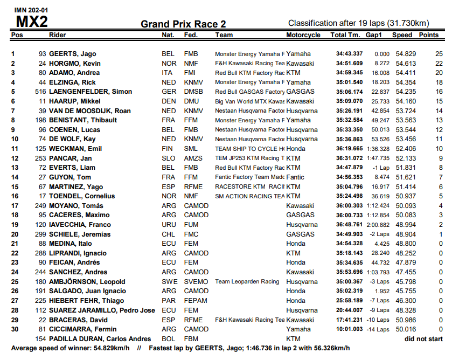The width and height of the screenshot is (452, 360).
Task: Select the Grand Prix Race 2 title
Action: point(183,24)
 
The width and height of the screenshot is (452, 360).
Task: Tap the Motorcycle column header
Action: point(303,35)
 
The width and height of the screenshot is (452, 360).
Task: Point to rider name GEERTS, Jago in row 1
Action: point(73,54)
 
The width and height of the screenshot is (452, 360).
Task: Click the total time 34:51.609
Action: point(349,64)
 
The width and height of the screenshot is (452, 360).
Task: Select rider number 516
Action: point(39,92)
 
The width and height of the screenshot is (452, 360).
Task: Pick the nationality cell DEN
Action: point(168,101)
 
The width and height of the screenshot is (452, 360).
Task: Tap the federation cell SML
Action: point(190,149)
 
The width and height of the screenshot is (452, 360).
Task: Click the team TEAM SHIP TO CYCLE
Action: point(249,149)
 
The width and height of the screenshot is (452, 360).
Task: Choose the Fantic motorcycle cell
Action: point(295,177)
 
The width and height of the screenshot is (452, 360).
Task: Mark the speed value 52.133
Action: point(405,158)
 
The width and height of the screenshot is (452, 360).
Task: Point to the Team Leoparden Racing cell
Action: point(247,281)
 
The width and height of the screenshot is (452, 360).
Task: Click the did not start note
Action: point(424,338)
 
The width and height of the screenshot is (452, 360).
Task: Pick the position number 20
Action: point(15,234)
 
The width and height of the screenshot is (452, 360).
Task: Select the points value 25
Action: point(439,54)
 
